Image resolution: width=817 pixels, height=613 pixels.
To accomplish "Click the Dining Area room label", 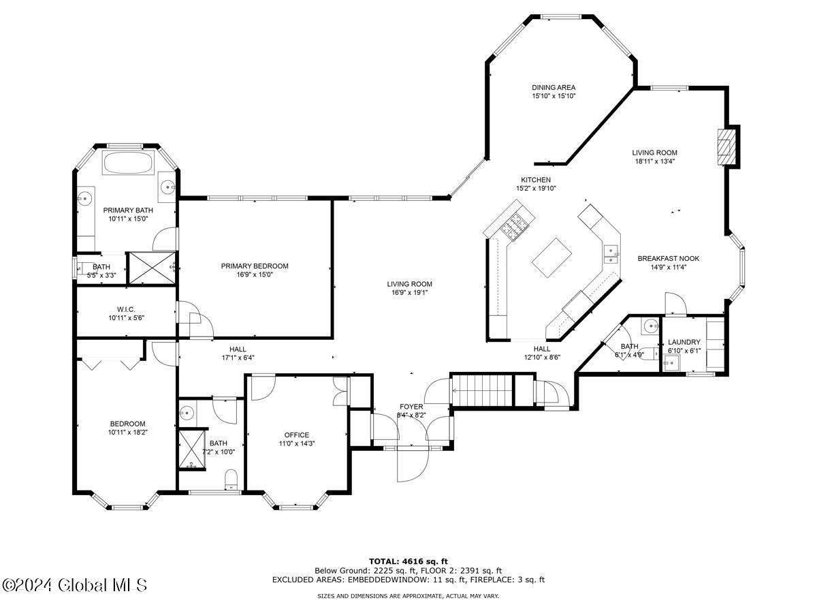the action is coord(553,87).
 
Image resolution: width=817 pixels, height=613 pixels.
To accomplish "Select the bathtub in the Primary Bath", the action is coord(128,162).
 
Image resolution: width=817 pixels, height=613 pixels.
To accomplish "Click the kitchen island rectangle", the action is coord(551,257).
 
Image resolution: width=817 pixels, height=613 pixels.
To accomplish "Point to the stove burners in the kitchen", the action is coord(514,225).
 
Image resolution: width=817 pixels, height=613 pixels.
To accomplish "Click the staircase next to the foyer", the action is coord(482,390).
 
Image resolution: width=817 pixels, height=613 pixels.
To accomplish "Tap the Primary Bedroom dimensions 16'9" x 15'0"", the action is coord(255,274).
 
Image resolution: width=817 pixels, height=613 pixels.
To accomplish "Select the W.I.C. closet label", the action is coord(126,309).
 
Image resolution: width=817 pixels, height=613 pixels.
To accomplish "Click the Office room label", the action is coord(297,435).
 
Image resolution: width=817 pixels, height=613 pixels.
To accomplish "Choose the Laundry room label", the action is coord(684,342).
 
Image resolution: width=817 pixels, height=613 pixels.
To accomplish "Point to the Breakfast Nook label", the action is coord(668,258).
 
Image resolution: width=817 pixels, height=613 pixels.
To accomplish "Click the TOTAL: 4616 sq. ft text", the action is coord(408,561).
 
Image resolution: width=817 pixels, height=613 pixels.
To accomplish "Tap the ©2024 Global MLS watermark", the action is coord(74,585).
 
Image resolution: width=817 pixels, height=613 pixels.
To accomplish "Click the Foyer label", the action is coord(411,407).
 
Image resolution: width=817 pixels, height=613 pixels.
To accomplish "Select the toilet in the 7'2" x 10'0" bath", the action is coord(231,480).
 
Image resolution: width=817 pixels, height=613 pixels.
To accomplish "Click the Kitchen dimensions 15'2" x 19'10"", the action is coord(536,189).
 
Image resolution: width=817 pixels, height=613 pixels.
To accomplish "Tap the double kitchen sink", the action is coord(611,254).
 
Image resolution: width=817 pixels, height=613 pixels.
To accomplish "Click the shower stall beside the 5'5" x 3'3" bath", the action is coord(152,268).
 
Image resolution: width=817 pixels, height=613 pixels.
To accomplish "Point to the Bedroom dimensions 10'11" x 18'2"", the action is coord(128,432).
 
